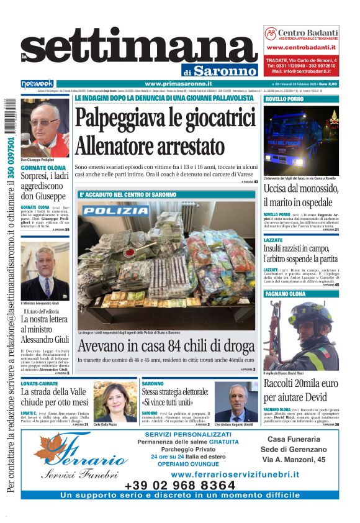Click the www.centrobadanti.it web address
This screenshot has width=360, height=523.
coord(301,47)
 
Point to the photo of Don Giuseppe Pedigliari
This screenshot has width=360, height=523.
coord(45,127)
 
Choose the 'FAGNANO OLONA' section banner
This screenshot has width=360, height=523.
coord(286,294)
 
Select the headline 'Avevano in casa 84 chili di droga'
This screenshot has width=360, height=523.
coord(166,345)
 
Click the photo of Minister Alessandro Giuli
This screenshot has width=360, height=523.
coord(45,271)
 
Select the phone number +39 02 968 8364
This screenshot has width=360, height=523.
coord(180,485)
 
